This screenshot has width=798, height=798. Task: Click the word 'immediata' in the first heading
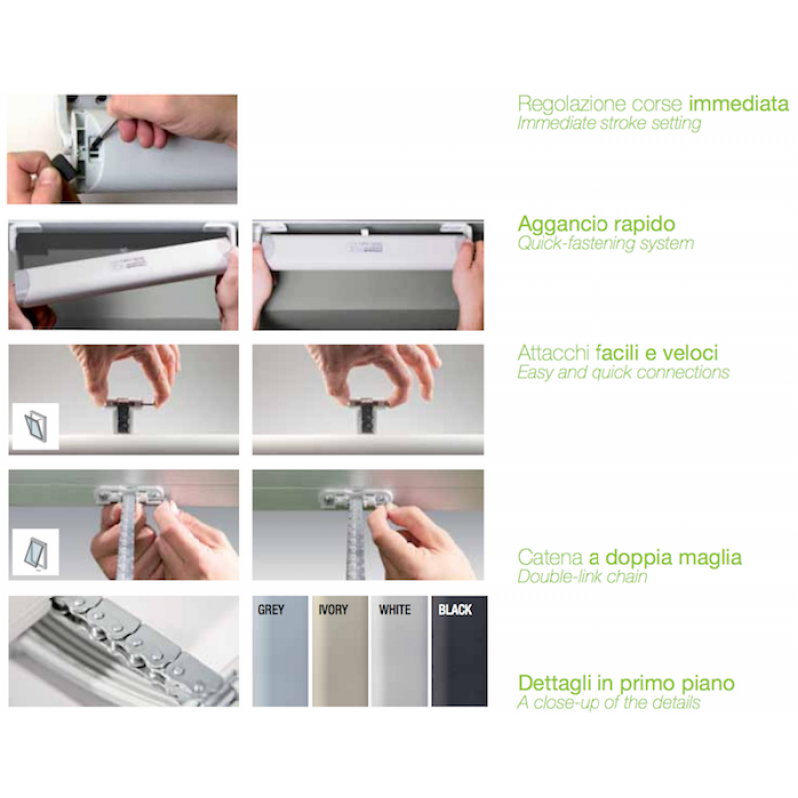739,104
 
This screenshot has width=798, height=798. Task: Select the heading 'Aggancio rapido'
597,224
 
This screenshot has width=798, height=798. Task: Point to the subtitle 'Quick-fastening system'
605,243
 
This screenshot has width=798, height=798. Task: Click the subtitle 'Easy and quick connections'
622,373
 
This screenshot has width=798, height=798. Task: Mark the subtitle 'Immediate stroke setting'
608,123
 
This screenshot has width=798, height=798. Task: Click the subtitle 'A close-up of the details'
608,703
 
